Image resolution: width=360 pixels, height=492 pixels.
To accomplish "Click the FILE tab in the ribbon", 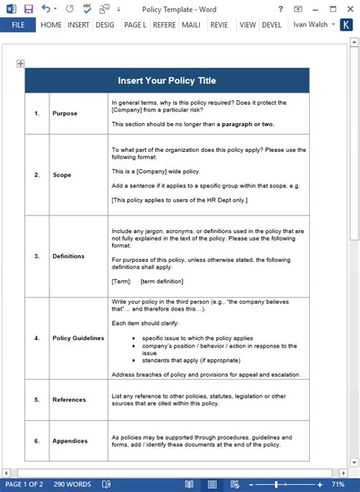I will click(17, 24).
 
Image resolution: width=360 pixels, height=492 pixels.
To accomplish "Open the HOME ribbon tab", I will click(51, 24).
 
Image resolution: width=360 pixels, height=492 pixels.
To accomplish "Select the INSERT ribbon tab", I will click(78, 24).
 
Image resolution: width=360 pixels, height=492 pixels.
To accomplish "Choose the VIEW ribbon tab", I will click(247, 24).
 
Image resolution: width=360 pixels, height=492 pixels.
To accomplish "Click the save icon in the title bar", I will click(28, 8).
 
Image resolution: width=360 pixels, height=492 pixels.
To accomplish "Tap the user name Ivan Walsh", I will click(311, 24).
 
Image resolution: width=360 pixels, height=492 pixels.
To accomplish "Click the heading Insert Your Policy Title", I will click(166, 80).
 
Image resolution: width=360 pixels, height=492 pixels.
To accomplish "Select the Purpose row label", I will click(65, 113).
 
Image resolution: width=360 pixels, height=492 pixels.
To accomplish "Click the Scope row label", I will click(62, 175).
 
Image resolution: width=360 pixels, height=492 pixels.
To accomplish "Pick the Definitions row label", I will click(68, 256).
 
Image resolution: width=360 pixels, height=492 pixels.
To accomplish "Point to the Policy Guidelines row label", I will click(78, 338).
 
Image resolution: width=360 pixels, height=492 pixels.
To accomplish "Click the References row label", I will click(69, 399).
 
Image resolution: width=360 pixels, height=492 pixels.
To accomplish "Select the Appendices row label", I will click(70, 440).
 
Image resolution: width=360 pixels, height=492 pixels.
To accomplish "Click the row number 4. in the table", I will click(36, 338).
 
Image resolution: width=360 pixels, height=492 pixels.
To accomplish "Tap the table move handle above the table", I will click(21, 64).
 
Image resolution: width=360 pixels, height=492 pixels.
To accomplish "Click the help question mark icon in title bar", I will click(281, 8).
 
